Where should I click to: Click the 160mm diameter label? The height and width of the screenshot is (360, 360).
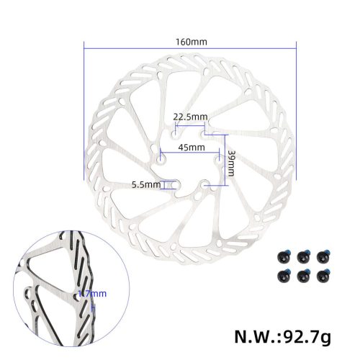(x=191, y=41)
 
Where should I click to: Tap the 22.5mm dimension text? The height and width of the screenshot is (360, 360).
(x=190, y=117)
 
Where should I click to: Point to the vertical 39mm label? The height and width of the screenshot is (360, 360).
(x=231, y=165)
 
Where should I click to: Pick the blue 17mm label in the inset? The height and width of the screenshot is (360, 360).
(x=94, y=293)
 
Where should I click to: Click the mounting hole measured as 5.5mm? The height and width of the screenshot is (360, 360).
(x=175, y=184)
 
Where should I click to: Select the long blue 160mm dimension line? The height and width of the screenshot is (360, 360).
(x=191, y=48)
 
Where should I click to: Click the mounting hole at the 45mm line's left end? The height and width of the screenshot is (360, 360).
(x=159, y=152)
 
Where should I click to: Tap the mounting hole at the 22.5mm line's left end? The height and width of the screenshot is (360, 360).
(x=174, y=132)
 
